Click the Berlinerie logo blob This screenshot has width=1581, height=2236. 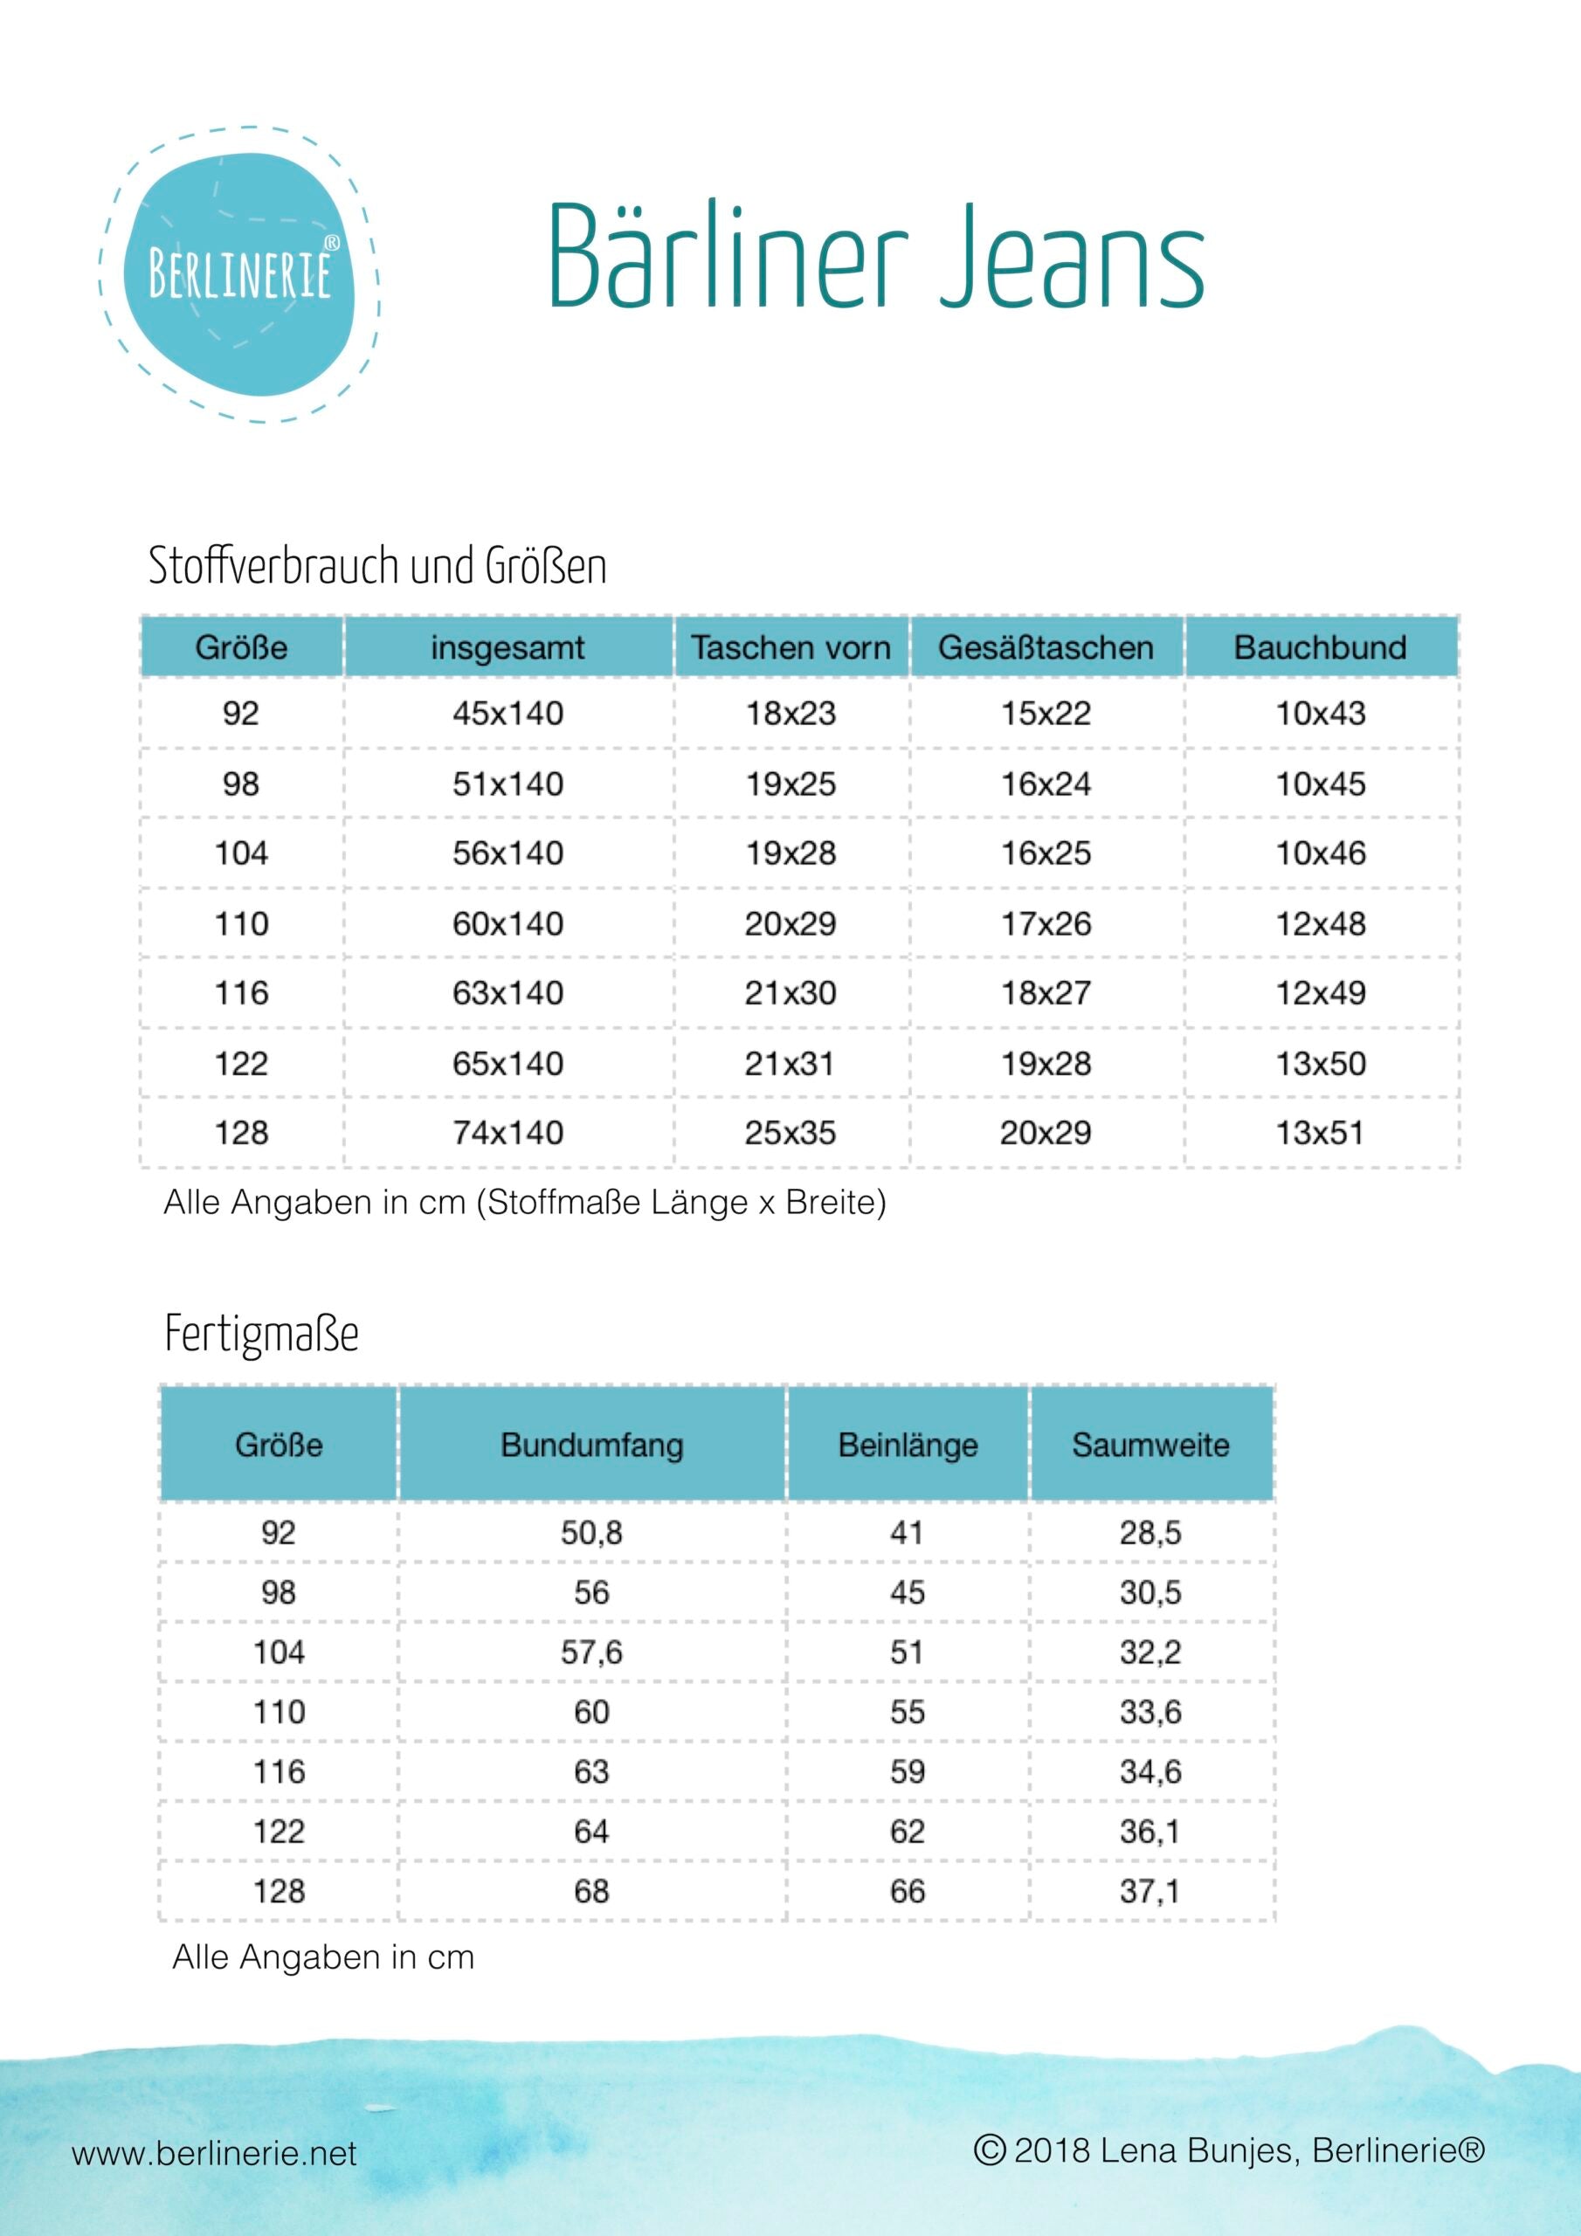click(239, 274)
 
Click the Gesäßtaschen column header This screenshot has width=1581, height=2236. click(1046, 647)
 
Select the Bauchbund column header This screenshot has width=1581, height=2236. click(1320, 647)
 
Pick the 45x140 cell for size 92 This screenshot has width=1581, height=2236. click(507, 714)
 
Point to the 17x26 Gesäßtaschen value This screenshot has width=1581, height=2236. click(1046, 923)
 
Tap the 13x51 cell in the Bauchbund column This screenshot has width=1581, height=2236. click(1320, 1133)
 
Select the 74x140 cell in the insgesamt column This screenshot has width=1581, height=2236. click(507, 1133)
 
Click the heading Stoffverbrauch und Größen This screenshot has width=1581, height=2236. click(377, 566)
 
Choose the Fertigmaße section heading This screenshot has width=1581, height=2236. click(261, 1335)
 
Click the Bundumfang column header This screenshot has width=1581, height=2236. click(591, 1445)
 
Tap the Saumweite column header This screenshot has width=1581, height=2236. click(1150, 1445)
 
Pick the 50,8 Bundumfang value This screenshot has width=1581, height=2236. click(591, 1533)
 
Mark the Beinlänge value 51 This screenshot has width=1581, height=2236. click(907, 1653)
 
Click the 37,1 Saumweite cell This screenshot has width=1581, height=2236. click(1150, 1891)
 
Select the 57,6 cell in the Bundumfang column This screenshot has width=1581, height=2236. click(591, 1653)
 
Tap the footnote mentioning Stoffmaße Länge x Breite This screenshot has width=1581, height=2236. click(524, 1203)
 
